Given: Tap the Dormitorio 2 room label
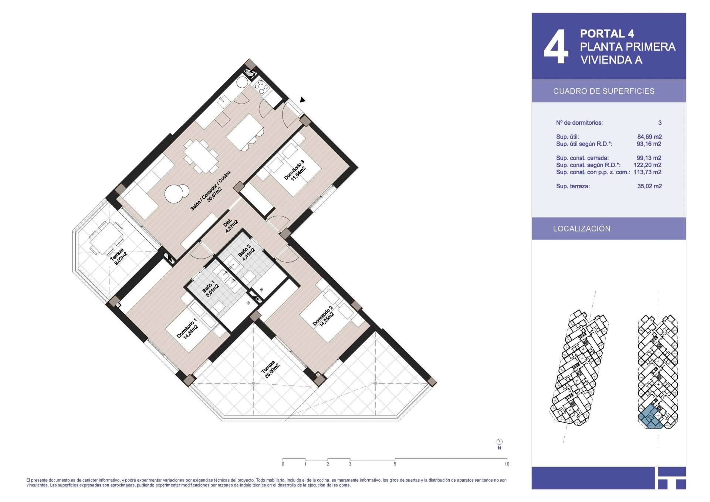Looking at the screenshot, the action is pyautogui.click(x=323, y=316).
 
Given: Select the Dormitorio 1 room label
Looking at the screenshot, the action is pyautogui.click(x=187, y=328).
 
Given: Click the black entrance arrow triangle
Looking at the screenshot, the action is pyautogui.click(x=302, y=100).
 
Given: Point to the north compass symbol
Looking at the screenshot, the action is pyautogui.click(x=500, y=442).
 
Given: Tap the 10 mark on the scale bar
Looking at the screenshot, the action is pyautogui.click(x=507, y=464).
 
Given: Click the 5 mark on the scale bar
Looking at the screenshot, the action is pyautogui.click(x=395, y=464).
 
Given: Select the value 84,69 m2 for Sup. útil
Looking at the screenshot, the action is pyautogui.click(x=649, y=137).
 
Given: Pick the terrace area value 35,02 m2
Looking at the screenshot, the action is pyautogui.click(x=649, y=186).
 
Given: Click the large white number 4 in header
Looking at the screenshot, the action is pyautogui.click(x=556, y=47).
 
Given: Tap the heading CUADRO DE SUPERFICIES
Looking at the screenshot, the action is pyautogui.click(x=603, y=91).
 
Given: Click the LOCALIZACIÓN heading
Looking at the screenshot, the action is pyautogui.click(x=582, y=229).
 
